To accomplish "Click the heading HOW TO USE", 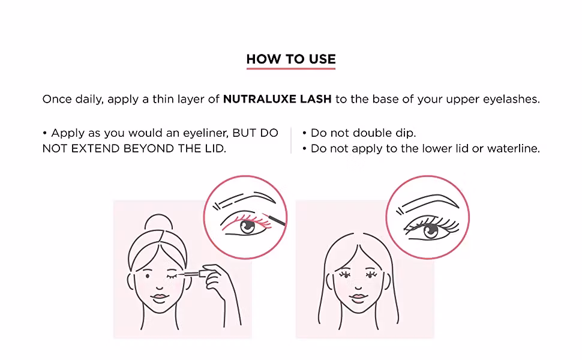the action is [291, 59].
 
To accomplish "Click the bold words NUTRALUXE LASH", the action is [277, 99].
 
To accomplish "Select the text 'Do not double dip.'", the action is [363, 133].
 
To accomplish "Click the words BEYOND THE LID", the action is [175, 148].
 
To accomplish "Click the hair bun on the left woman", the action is [159, 223].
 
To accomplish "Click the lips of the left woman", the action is [160, 296].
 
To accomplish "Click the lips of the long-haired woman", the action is [358, 296].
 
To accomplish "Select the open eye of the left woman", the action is [148, 276].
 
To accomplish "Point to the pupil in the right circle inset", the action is [431, 232].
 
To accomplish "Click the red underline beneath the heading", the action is [291, 68].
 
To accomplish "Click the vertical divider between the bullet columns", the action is [292, 140].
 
